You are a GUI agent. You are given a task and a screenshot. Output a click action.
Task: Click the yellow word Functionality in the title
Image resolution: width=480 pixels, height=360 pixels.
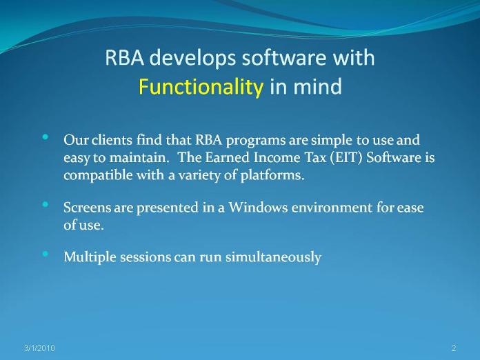coord(201,87)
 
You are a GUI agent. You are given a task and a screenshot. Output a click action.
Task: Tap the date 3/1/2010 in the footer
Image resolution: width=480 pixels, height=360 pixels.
coord(39,348)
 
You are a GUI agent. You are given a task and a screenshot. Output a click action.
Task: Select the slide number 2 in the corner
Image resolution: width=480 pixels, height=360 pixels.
coord(454,348)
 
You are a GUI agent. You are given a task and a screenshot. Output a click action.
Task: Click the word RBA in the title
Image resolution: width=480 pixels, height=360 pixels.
coord(125,57)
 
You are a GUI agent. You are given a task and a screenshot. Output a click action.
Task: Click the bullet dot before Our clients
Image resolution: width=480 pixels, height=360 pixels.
coord(46,137)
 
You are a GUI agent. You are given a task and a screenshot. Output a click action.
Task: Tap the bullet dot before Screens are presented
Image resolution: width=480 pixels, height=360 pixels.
coord(46,204)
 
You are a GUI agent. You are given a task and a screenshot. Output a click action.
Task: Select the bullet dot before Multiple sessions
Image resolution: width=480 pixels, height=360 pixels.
coord(46,254)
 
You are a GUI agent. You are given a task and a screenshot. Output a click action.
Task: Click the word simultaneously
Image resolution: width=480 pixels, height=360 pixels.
coord(273,257)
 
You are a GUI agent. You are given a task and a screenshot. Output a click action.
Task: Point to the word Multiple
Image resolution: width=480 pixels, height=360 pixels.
coord(90,257)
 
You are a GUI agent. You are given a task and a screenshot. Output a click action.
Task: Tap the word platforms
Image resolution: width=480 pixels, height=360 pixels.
coord(272,176)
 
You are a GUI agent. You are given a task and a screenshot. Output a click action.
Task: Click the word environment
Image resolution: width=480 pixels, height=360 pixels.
coord(332,208)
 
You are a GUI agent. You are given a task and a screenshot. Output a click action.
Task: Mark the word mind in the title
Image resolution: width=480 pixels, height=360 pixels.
coord(317,87)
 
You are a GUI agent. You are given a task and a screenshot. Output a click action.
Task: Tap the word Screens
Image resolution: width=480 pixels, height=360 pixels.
coord(88,208)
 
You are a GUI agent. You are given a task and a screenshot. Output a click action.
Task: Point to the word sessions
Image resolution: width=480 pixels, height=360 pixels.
coord(145,257)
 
